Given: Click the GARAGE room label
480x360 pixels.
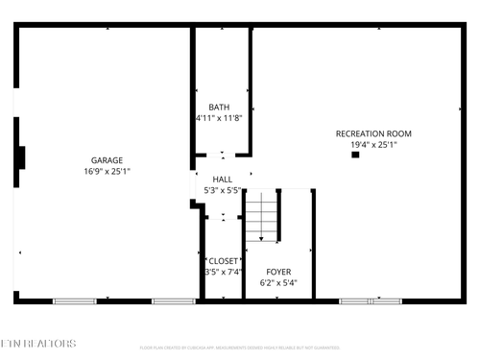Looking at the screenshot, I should click(107, 160).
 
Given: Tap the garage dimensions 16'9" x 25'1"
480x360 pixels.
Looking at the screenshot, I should click(107, 172).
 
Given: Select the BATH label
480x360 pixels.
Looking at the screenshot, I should click(219, 107).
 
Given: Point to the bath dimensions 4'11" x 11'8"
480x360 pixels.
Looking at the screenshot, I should click(219, 118).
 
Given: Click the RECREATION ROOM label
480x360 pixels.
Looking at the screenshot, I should click(373, 132).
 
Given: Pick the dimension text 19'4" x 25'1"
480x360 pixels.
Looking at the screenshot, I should click(373, 144).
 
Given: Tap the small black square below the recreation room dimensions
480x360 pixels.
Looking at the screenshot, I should click(355, 156).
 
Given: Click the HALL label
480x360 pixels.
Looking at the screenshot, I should click(222, 180).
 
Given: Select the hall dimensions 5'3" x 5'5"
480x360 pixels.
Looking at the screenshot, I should click(222, 191).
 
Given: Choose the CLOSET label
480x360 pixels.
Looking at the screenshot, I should click(223, 260).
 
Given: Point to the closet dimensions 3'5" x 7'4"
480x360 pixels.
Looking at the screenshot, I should click(223, 272).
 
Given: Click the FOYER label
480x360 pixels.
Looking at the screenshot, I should click(278, 272).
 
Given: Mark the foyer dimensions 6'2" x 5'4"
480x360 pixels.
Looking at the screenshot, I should click(278, 283).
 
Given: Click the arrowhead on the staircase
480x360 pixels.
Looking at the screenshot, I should click(261, 239).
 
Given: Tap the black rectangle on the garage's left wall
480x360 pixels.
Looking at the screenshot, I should click(21, 157).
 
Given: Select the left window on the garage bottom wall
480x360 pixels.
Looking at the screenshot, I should click(74, 301).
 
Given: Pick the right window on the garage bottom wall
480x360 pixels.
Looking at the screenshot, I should click(174, 301).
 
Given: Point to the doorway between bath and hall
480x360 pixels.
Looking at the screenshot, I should click(222, 156).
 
